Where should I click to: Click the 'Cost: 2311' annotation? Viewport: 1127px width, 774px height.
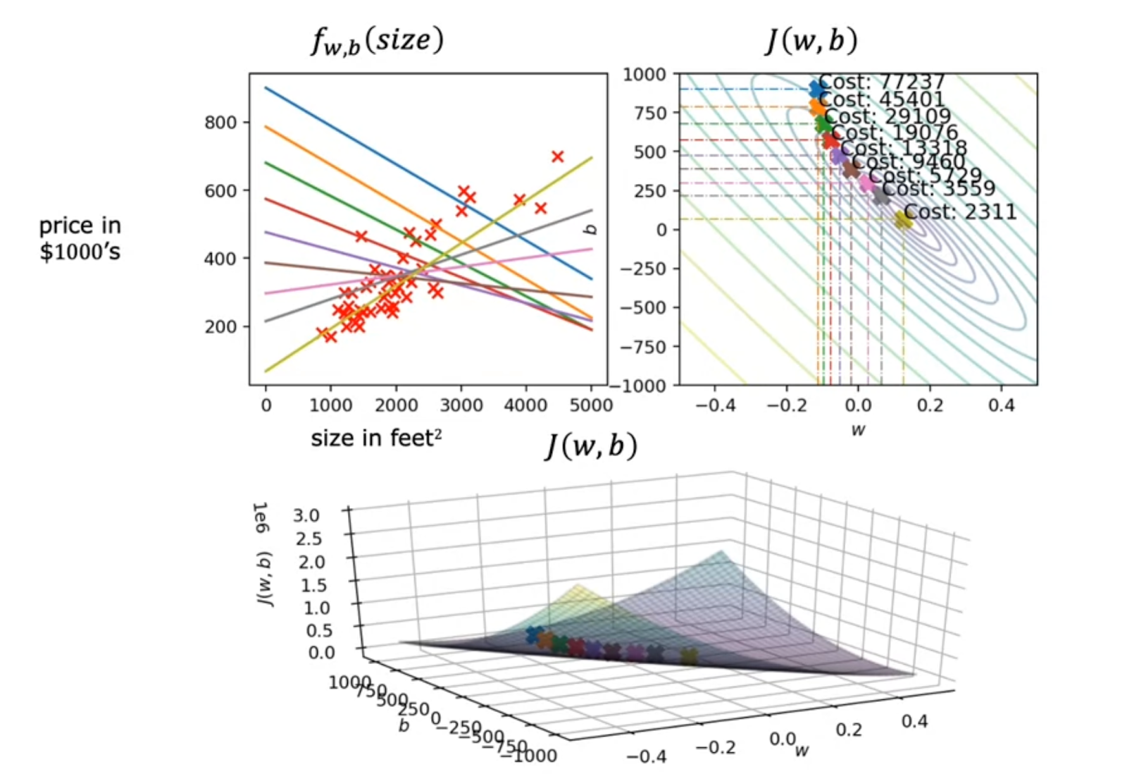(959, 211)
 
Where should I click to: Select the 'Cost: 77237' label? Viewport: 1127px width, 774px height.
(881, 82)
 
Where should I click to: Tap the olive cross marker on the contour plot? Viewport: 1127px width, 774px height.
(902, 220)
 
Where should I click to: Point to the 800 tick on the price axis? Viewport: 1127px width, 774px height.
(220, 123)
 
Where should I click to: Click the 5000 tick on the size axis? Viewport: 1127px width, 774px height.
(591, 405)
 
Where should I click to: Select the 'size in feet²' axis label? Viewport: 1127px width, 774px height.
(376, 438)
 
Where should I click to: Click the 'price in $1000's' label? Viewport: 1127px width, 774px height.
(80, 238)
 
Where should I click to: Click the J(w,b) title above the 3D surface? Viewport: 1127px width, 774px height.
(591, 446)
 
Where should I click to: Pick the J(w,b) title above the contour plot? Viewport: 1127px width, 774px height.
(811, 40)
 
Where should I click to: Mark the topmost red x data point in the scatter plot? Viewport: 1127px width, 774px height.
(557, 156)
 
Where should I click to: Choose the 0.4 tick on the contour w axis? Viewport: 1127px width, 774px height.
(1001, 405)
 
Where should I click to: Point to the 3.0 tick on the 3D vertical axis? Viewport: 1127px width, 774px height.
(306, 515)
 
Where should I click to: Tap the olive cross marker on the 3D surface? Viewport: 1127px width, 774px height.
(688, 657)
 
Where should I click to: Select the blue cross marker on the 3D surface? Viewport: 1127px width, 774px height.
(535, 635)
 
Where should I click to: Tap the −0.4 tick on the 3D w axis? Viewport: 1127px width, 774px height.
(646, 756)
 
